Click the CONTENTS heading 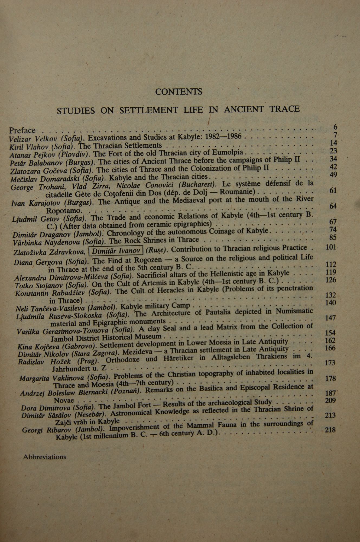coord(179,92)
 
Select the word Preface coord(22,131)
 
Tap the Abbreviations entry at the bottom coord(45,457)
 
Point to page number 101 coord(330,247)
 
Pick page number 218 coord(330,430)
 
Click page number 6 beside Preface coord(335,127)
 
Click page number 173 coord(330,362)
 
